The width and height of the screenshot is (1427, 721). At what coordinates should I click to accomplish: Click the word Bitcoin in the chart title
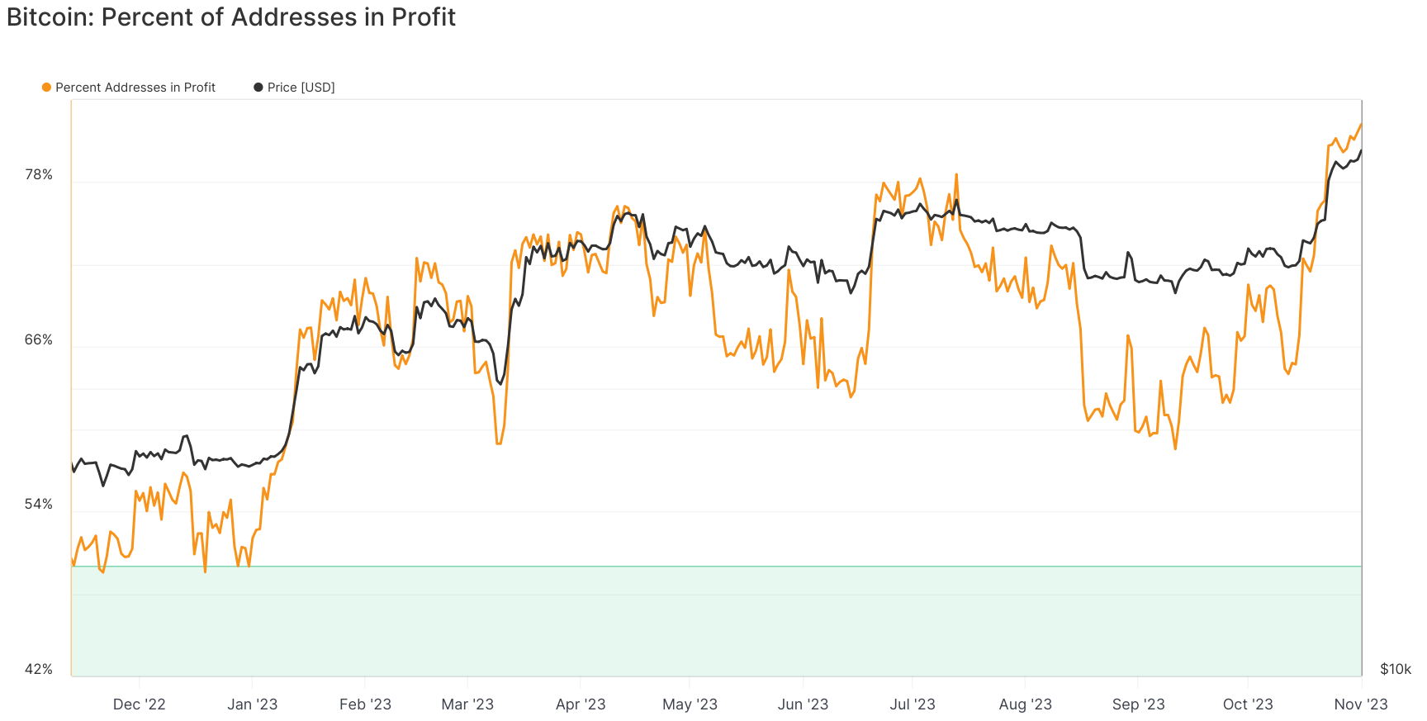coord(49,17)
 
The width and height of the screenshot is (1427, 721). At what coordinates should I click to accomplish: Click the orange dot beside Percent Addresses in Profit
coord(47,88)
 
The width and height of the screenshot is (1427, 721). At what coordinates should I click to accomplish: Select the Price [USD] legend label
coord(301,88)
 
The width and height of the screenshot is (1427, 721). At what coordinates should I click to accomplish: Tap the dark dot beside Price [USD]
coord(258,88)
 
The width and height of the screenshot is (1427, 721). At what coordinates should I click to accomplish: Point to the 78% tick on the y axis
coord(39,174)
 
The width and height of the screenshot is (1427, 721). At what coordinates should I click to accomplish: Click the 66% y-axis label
coord(39,339)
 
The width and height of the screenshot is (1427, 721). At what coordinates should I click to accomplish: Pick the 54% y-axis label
coord(39,504)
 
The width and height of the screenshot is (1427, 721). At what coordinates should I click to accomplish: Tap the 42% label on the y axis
coord(39,669)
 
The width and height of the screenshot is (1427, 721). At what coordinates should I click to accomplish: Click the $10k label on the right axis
coord(1396,669)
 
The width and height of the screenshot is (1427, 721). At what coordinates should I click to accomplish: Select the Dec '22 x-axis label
coord(139,704)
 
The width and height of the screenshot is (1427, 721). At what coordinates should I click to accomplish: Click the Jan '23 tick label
coord(252,704)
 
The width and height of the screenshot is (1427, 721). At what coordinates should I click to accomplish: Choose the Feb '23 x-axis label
coord(365,704)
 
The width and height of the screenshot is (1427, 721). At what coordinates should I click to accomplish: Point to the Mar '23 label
coord(467,704)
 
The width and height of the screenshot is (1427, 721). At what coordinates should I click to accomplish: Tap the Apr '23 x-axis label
coord(581,704)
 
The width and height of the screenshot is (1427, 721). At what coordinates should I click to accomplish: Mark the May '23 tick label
coord(690,704)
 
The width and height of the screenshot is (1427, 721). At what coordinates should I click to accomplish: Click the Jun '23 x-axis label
coord(803,704)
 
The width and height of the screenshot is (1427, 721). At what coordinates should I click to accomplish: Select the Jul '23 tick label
coord(913,704)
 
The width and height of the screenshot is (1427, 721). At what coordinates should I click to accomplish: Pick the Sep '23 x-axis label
coord(1138,704)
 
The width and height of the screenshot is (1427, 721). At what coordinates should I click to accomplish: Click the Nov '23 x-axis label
coord(1361,704)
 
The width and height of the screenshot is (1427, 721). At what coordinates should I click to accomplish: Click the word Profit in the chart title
coord(424,17)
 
